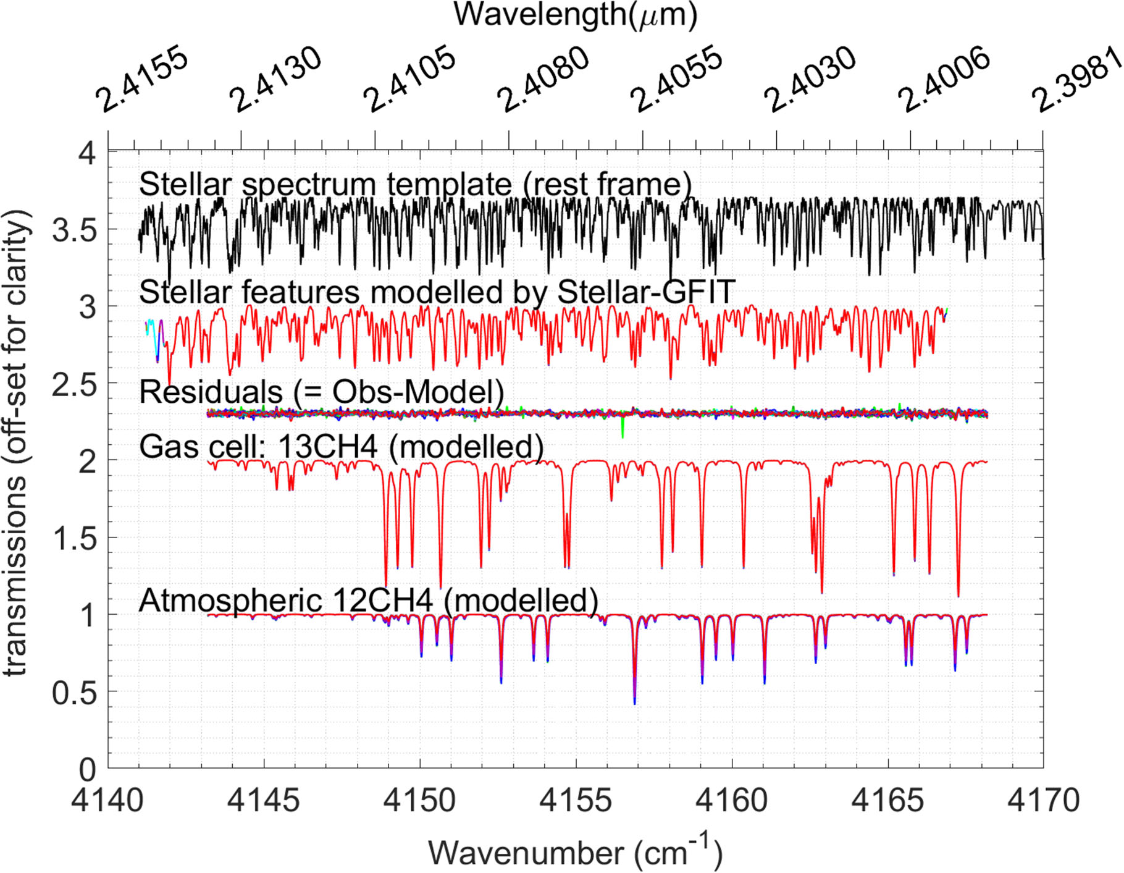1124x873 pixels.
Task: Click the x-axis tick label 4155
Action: tap(576, 801)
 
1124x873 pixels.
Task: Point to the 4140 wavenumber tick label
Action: tap(108, 801)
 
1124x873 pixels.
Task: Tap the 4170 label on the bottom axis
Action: tap(1044, 801)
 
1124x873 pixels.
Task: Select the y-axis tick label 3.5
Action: tap(74, 230)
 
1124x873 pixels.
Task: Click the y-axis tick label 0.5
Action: tap(74, 693)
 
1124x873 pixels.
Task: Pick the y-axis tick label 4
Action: tap(87, 153)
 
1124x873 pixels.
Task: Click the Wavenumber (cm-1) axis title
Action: tap(575, 853)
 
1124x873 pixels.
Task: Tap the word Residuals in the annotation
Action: tap(211, 392)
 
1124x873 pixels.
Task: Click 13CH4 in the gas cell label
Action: tap(327, 446)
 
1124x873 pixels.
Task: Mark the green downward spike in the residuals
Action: tap(623, 429)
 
